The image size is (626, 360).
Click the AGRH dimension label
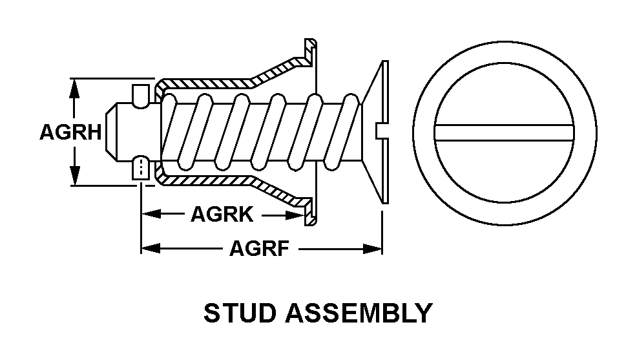[x=70, y=132]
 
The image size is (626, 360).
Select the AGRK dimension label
[x=222, y=214]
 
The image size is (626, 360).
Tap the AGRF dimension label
[x=259, y=249]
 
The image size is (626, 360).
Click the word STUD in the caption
[x=240, y=313]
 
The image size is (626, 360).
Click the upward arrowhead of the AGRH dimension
[x=75, y=88]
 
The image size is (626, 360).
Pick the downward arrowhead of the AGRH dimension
[x=75, y=176]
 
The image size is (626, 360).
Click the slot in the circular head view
[x=505, y=132]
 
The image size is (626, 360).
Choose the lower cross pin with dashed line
[x=140, y=169]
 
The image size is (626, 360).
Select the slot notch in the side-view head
[x=381, y=131]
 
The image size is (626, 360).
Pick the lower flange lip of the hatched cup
[x=310, y=213]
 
